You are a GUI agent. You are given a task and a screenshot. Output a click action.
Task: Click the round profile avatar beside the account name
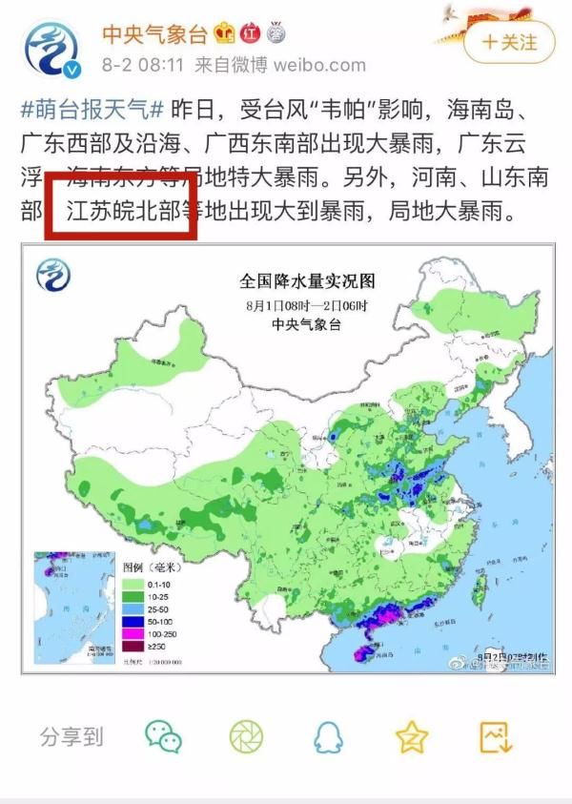tap(52, 50)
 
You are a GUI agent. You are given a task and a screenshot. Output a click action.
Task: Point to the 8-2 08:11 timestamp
tap(143, 66)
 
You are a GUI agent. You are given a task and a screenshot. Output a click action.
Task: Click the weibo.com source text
tap(318, 66)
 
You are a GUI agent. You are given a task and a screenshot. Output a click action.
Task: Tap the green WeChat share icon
tap(163, 735)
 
